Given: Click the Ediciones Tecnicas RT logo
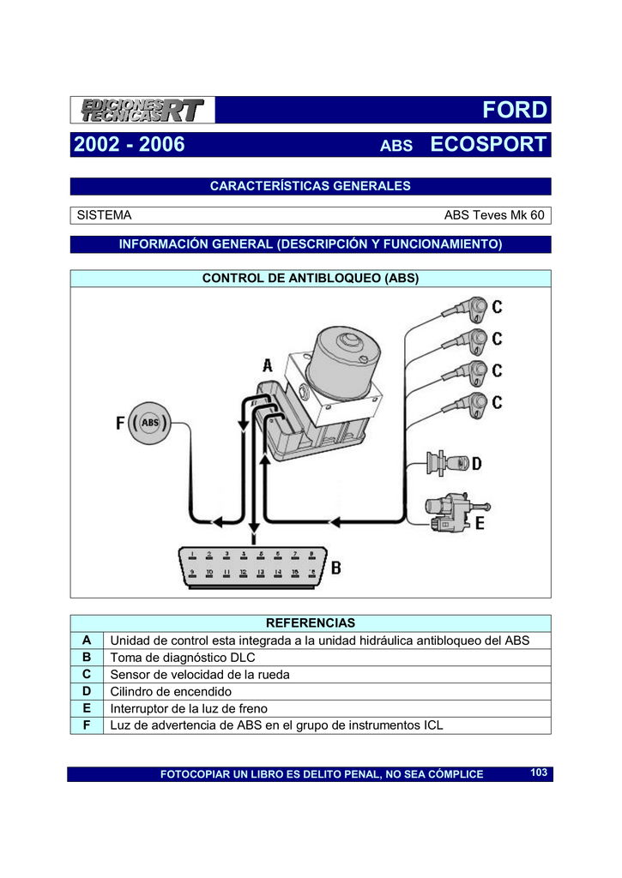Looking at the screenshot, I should [x=142, y=111].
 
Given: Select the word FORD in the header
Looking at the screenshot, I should [x=514, y=111].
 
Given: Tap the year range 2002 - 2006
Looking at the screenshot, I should [x=130, y=145].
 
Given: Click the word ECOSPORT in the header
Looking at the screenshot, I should [x=488, y=145].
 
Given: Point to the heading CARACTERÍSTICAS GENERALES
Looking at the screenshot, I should [x=311, y=186].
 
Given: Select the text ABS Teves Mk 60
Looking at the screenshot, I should [x=493, y=216].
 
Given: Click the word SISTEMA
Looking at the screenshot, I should [x=105, y=216].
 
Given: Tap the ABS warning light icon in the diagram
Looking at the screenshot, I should [x=151, y=423].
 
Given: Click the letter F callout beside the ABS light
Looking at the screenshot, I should [x=121, y=424].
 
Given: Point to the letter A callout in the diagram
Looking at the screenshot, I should [x=269, y=365].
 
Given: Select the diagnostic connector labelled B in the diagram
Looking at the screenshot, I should [x=252, y=567].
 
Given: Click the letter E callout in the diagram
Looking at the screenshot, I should [x=479, y=520].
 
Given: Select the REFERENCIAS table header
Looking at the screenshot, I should [x=311, y=622].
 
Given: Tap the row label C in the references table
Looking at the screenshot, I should [x=86, y=675].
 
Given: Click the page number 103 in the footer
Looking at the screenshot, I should [x=539, y=773].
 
